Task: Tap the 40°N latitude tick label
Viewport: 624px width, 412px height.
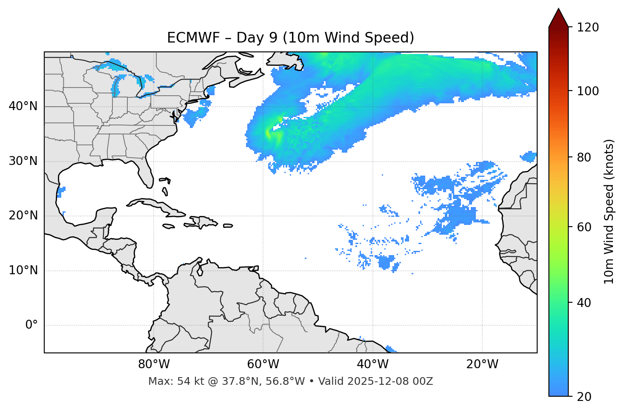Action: pos(23,106)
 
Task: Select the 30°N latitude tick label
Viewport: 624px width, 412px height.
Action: pos(23,161)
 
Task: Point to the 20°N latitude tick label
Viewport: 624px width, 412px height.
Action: pos(23,216)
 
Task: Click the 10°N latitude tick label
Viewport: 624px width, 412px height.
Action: pos(23,270)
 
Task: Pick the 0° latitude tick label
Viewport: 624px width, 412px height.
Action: pos(31,325)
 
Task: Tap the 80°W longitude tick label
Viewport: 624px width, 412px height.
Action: pos(154,364)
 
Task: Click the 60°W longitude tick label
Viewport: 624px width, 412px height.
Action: pos(263,364)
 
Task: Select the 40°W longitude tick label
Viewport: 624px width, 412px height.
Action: pos(372,364)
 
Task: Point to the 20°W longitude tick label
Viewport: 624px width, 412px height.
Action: pos(482,364)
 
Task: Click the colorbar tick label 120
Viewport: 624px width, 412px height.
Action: pos(587,28)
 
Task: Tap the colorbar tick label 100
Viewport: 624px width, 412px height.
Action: pos(587,91)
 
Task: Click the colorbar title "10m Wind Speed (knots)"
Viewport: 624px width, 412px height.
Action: pos(609,211)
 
